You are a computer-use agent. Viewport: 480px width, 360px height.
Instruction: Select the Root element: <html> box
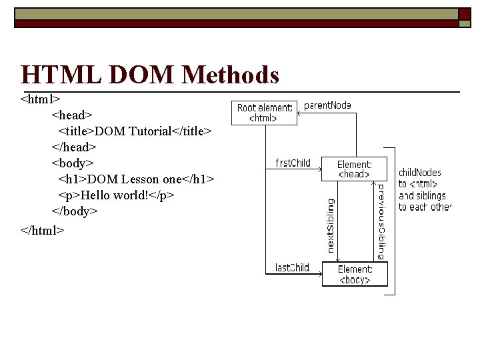pos(264,113)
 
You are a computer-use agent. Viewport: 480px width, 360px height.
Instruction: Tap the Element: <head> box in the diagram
pos(353,169)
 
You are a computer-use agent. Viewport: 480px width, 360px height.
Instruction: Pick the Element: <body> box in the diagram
pos(355,274)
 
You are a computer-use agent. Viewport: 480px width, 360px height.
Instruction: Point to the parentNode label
pos(327,105)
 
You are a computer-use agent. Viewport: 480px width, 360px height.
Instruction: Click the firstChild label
pos(293,163)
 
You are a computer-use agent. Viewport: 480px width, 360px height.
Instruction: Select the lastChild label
pos(292,267)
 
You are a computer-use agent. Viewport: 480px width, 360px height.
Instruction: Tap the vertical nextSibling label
pos(331,225)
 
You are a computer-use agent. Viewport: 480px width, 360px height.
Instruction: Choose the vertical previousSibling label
pos(380,221)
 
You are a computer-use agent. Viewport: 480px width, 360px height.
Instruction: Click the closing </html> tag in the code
pos(43,229)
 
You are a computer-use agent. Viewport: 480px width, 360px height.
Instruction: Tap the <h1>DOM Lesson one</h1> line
pos(136,179)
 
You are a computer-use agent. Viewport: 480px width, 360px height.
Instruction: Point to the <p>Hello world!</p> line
pos(116,195)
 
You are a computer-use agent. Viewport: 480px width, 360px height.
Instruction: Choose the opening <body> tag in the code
pos(73,163)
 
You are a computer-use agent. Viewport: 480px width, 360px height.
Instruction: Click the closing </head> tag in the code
pos(74,147)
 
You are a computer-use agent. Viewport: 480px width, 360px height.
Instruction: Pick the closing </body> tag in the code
pos(75,211)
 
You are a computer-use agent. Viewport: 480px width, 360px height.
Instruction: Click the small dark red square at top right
pos(464,14)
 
